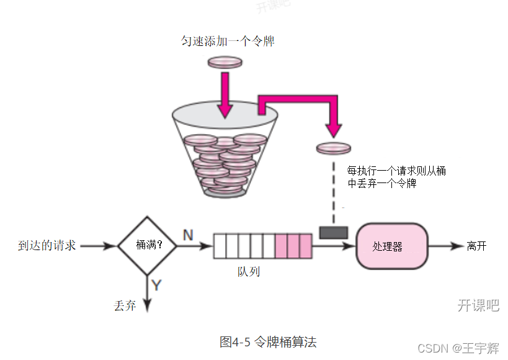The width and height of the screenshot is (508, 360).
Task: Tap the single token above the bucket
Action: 224,62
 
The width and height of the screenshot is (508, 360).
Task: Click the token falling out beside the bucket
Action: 333,148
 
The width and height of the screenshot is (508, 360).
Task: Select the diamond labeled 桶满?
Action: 147,246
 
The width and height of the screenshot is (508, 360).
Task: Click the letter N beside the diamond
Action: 187,234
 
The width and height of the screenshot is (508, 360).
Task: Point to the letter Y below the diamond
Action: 156,285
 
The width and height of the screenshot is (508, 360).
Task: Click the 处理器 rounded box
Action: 391,246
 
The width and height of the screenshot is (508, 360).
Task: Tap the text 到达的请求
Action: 47,246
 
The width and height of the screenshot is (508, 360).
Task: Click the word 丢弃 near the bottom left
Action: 125,305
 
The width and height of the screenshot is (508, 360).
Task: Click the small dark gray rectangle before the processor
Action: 333,232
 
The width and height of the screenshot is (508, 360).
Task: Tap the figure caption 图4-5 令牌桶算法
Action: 268,341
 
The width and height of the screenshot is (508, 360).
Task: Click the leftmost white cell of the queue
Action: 220,246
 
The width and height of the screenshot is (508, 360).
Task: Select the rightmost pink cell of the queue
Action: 305,246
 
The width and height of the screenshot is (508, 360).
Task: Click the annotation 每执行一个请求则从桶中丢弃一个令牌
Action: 396,177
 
